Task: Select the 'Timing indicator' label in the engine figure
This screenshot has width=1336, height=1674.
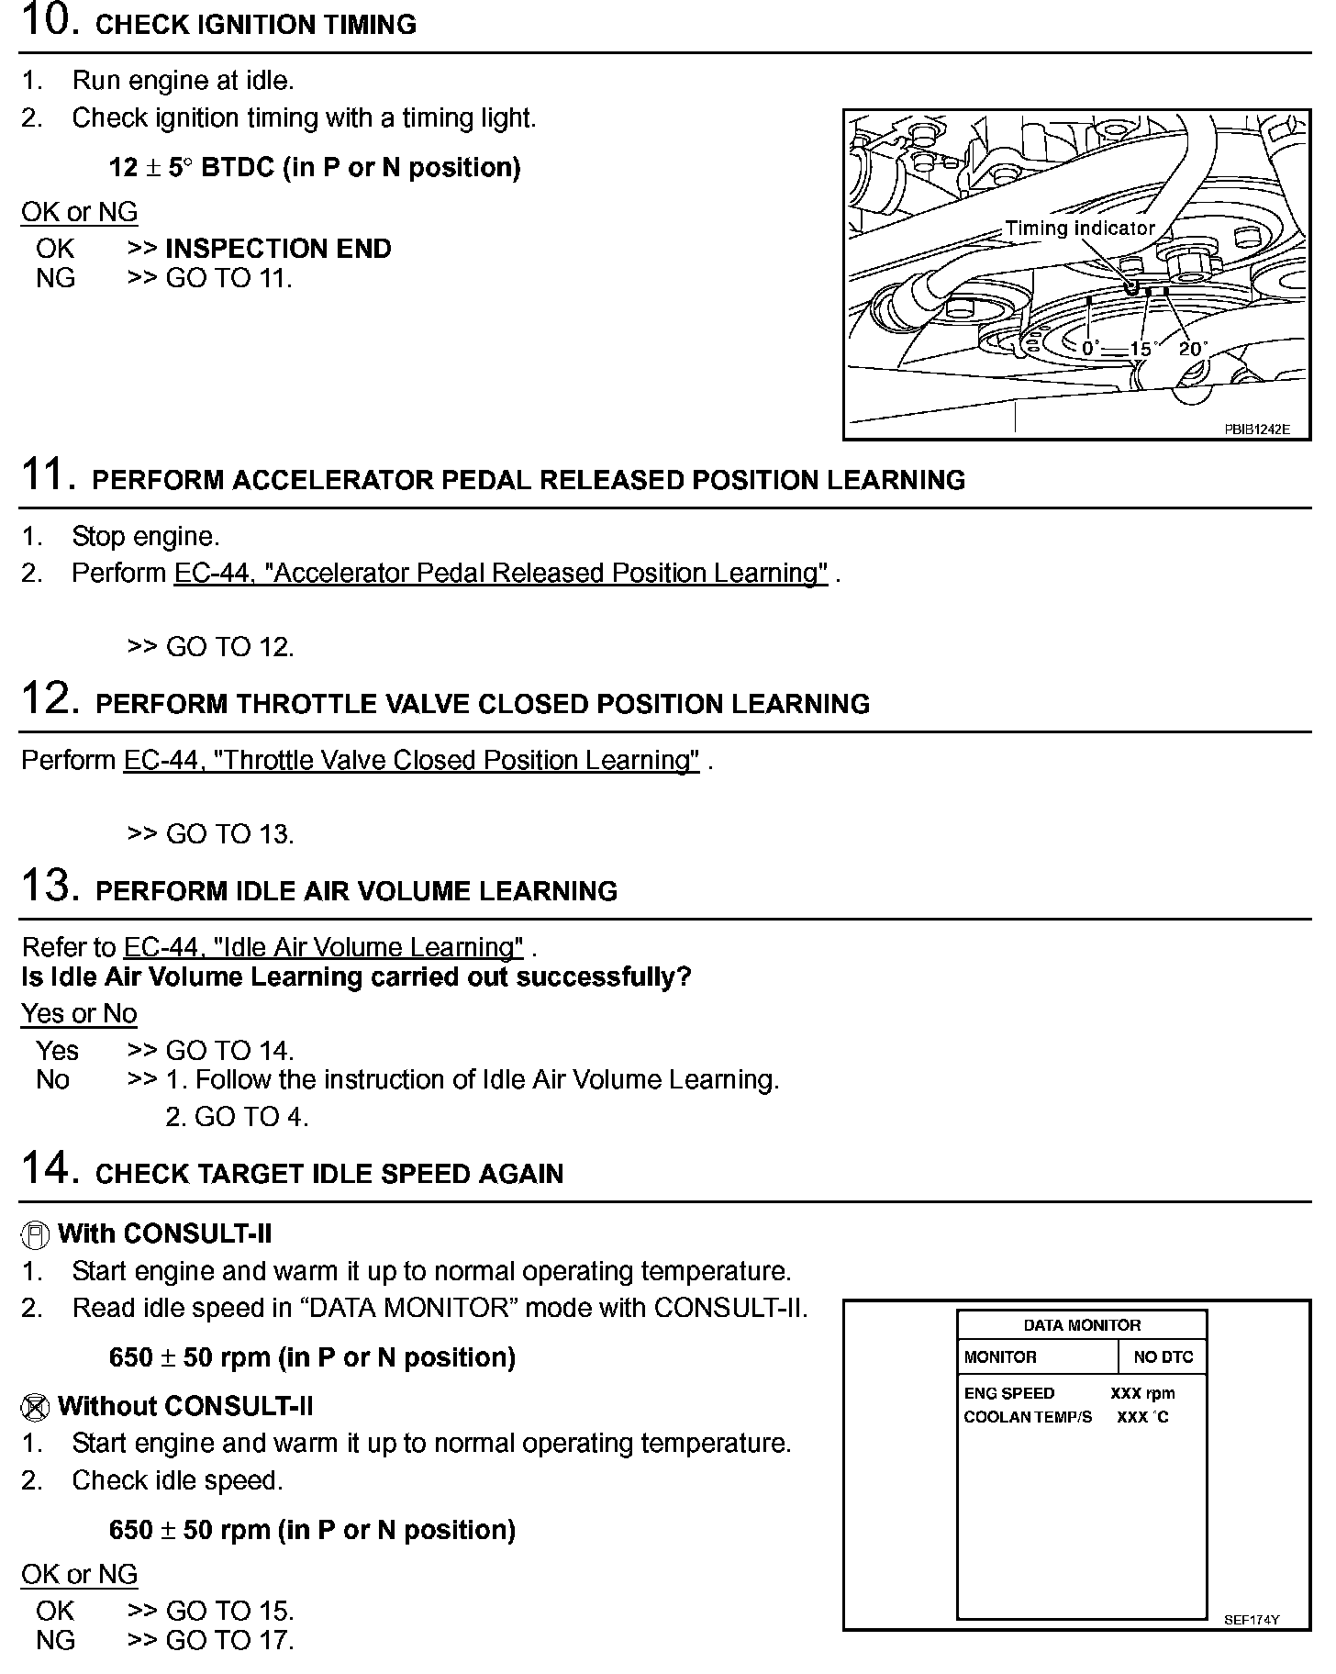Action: click(x=1079, y=229)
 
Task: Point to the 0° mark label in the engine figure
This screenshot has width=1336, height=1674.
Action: click(x=1090, y=349)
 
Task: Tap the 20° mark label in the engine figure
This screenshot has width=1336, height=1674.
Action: click(x=1192, y=349)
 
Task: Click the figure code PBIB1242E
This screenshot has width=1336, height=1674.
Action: click(x=1256, y=429)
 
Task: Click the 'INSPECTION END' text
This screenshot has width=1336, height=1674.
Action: click(x=278, y=249)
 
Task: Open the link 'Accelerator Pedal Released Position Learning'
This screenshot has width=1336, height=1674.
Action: click(x=501, y=574)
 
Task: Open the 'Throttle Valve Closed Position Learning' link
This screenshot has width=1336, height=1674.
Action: click(x=411, y=761)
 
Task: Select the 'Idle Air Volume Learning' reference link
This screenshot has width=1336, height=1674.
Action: click(x=323, y=947)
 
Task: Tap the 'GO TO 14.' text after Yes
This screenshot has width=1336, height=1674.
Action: click(x=229, y=1051)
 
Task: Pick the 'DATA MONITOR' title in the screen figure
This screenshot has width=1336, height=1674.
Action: click(x=1082, y=1325)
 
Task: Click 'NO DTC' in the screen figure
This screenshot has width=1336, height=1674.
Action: click(x=1163, y=1357)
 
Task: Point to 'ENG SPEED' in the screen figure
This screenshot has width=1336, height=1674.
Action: click(x=1008, y=1393)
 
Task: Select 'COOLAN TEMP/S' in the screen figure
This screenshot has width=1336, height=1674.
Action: click(x=1028, y=1417)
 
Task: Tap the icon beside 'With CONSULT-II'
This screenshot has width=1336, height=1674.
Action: click(x=34, y=1235)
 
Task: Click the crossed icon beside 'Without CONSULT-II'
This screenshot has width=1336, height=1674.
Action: click(x=34, y=1407)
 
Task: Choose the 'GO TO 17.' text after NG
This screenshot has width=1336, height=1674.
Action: click(x=229, y=1640)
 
